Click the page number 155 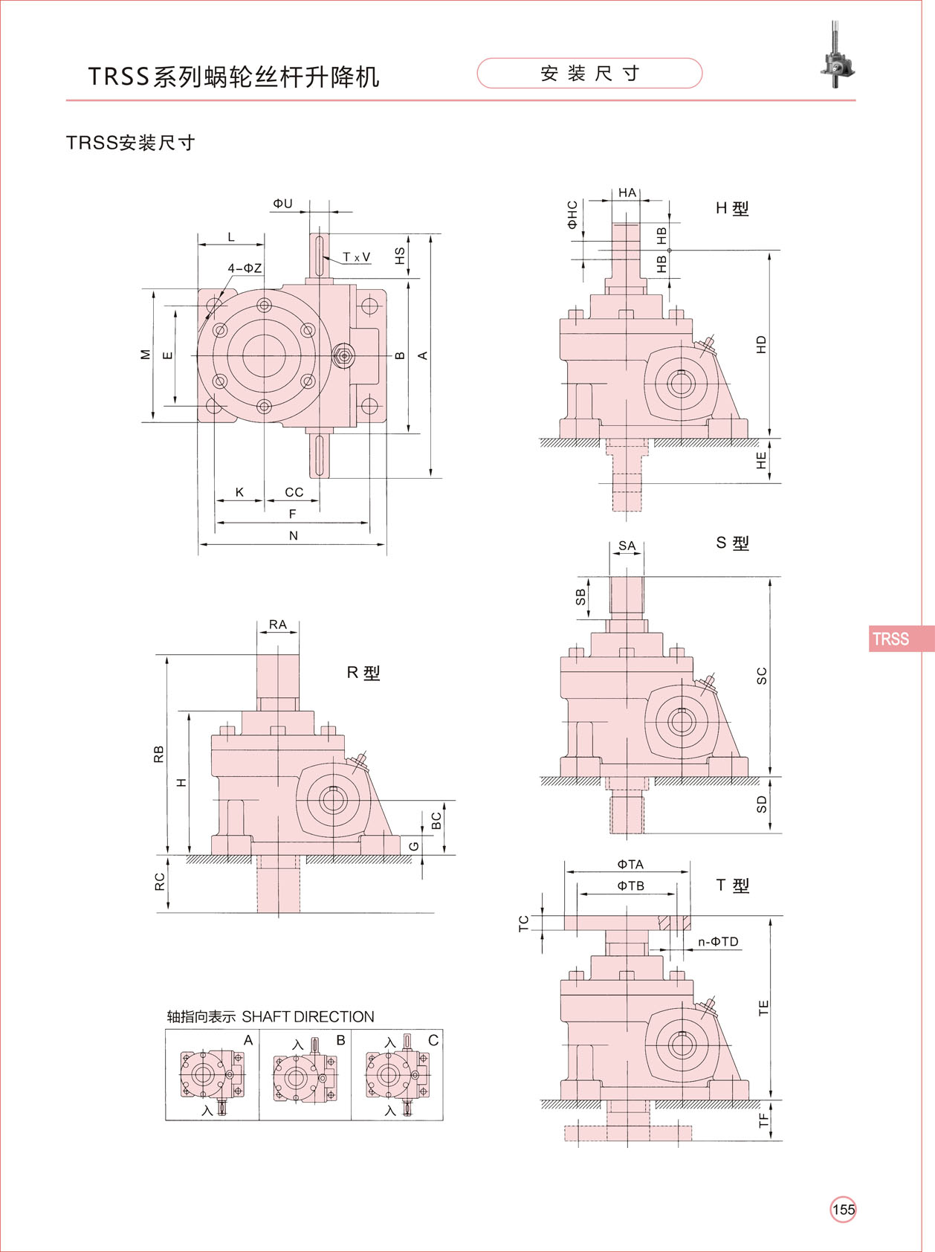843,1210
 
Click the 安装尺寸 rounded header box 589,74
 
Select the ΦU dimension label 282,204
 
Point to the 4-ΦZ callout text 245,268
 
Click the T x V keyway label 356,257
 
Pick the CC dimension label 294,492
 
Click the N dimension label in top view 294,535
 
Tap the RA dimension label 277,625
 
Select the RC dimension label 160,882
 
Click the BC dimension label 436,821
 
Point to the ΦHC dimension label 572,214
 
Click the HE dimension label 761,461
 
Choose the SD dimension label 761,804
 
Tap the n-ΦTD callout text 718,942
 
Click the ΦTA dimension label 630,865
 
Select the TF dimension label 763,1120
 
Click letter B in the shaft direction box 340,1040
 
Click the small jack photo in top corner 838,55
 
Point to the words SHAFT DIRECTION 308,1016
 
